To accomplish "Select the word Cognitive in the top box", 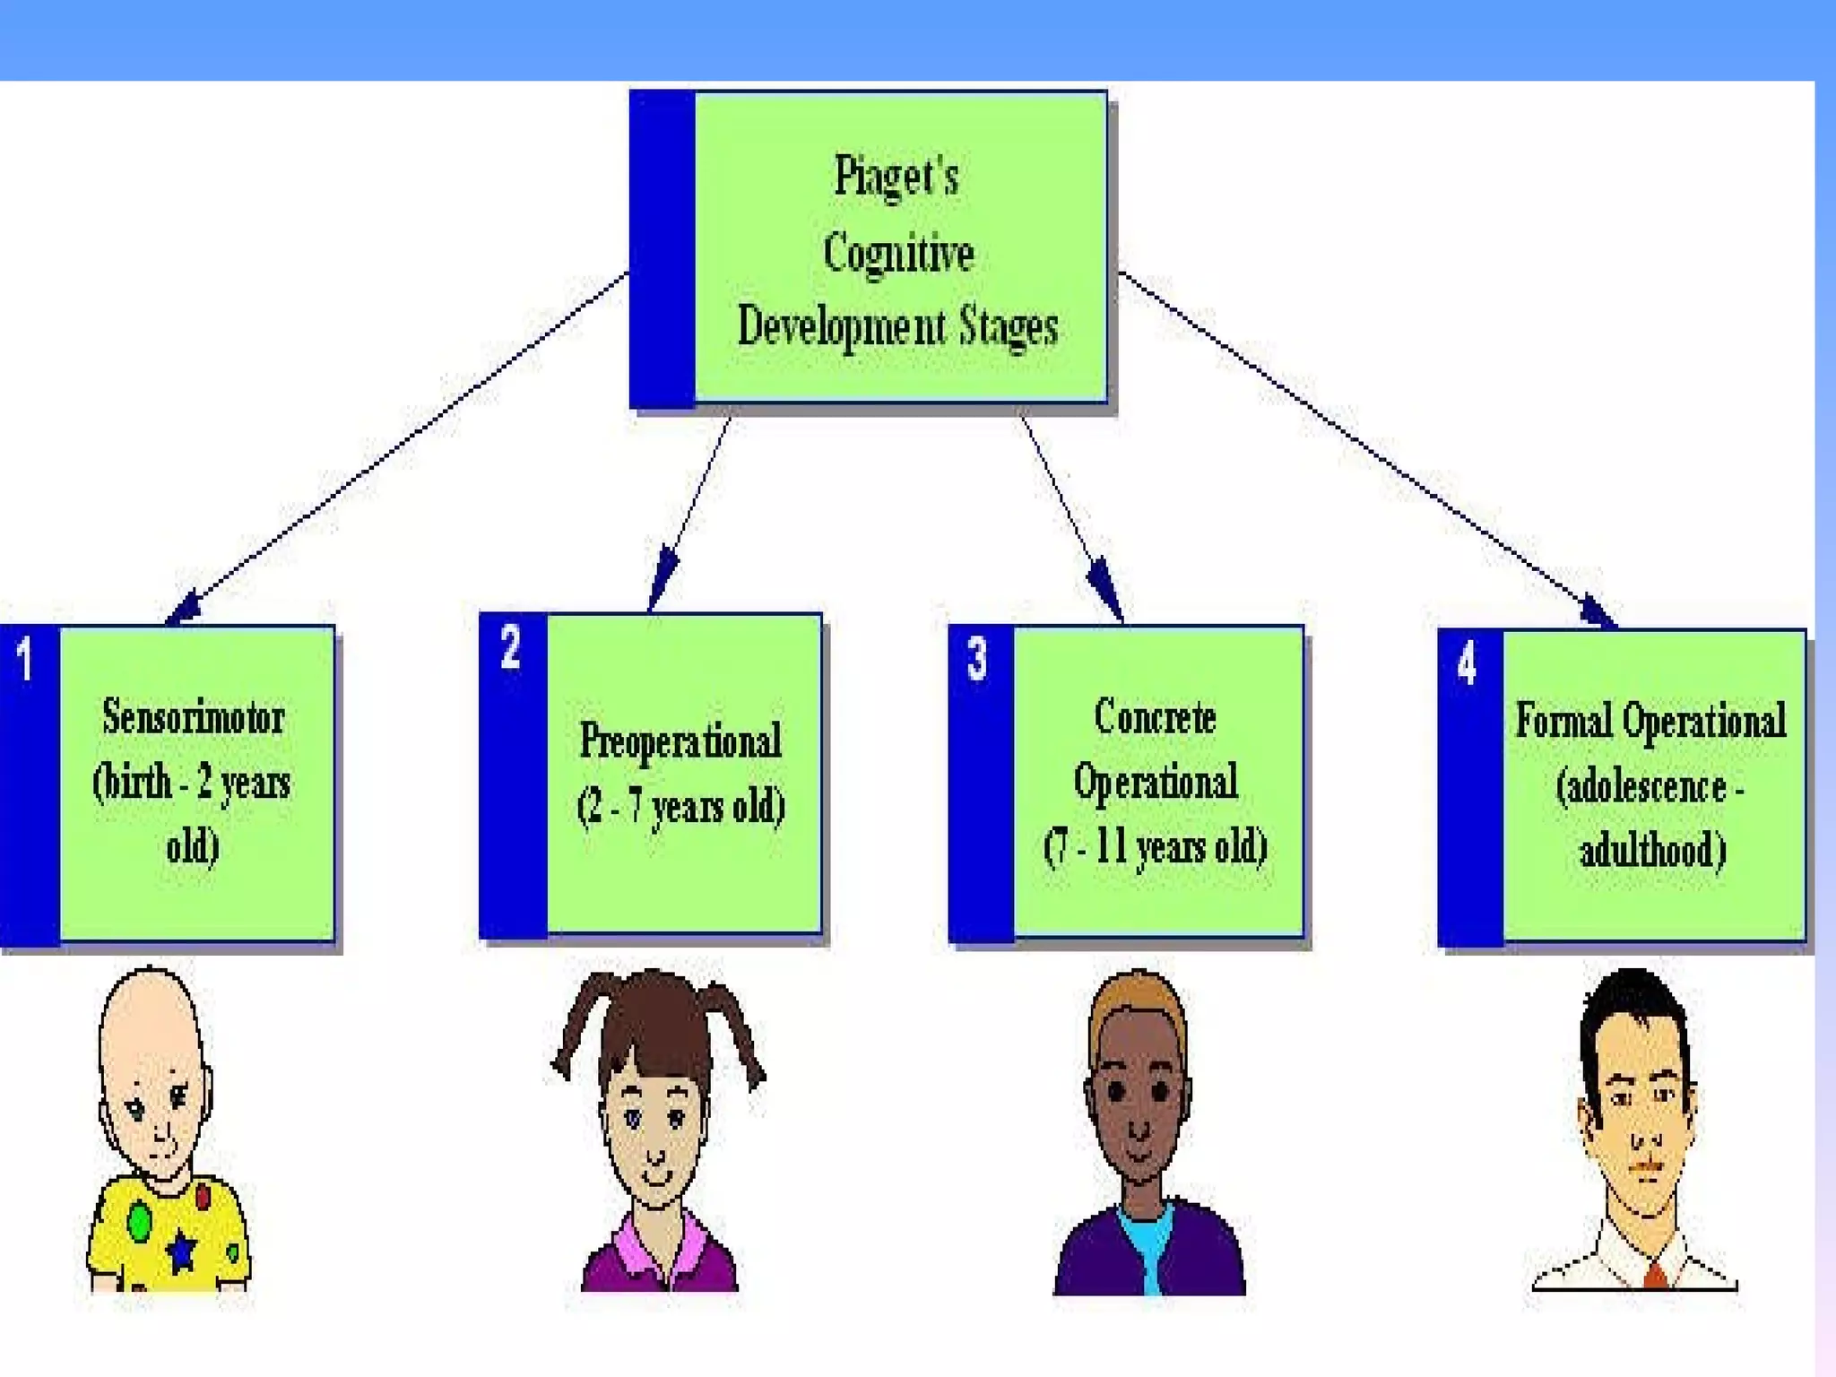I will (x=898, y=253).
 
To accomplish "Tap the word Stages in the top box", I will (x=1009, y=326).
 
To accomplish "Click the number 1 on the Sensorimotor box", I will (x=25, y=660).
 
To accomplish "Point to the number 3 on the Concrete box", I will (x=977, y=659).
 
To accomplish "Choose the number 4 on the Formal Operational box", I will (x=1467, y=664).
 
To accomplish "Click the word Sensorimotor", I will (x=193, y=717).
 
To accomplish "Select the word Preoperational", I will (x=680, y=741).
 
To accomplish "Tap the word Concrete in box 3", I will (x=1155, y=717).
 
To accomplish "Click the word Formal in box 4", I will (x=1563, y=721).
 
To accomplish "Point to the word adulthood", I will (x=1652, y=851).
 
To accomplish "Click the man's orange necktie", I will (x=1655, y=1274).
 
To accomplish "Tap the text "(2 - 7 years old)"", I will (x=680, y=806).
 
